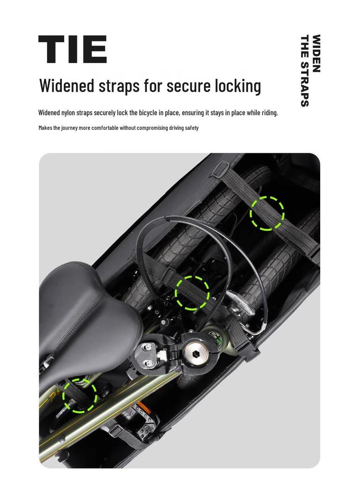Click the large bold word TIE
click(72, 49)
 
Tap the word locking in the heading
click(238, 86)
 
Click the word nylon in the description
click(68, 113)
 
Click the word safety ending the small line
click(191, 128)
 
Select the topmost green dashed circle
click(267, 213)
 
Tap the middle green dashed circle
click(192, 292)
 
